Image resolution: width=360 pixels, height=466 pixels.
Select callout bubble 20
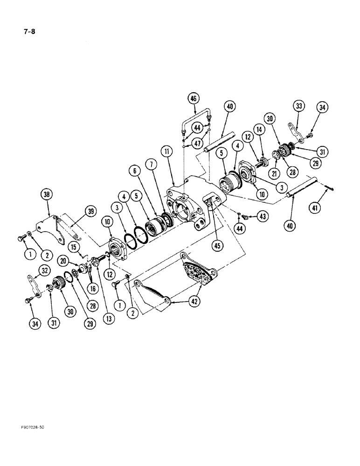[62, 261]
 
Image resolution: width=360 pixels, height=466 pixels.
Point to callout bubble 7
[151, 165]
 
